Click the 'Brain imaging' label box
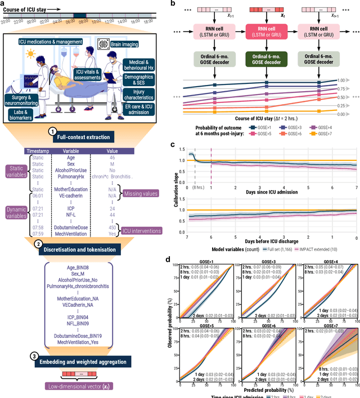coord(120,44)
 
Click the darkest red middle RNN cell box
coord(264,32)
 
